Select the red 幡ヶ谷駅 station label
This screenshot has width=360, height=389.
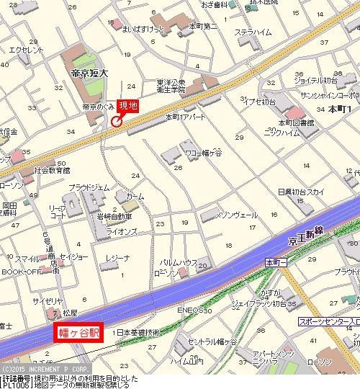point(78,333)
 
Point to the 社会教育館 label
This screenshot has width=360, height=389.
point(52,171)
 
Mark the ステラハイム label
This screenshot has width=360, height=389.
point(252,32)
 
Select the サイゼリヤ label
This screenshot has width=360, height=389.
point(45,300)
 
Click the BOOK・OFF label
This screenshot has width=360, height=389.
point(21,272)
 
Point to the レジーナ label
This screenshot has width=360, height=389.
point(117,257)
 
